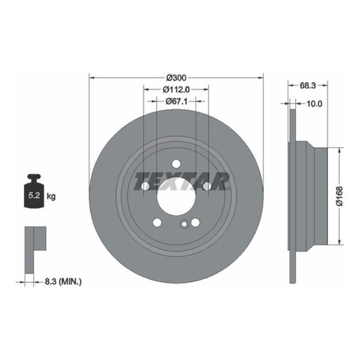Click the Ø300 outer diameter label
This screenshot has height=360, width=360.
click(x=176, y=78)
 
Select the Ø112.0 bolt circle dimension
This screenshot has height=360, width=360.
click(x=176, y=89)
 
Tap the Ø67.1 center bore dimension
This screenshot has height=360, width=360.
click(x=176, y=101)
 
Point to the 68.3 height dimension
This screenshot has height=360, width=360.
click(x=308, y=85)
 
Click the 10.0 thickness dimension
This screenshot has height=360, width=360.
click(x=314, y=104)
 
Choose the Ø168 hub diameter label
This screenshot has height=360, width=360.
click(x=340, y=196)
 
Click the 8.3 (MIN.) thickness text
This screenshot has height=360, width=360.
click(x=63, y=281)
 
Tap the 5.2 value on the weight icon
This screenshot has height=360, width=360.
click(x=34, y=196)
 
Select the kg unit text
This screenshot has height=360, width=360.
click(x=51, y=196)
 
